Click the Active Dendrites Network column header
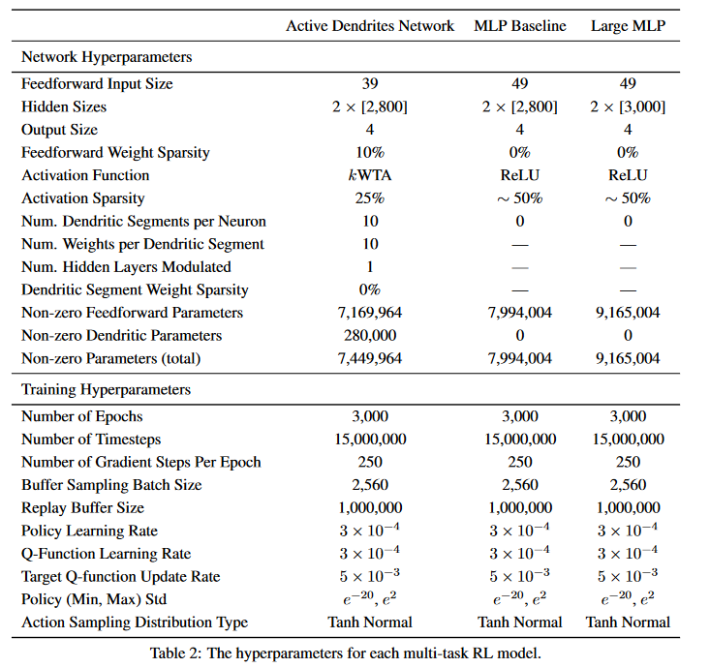coord(369,26)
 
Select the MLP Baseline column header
coord(519,26)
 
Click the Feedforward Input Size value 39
coord(369,84)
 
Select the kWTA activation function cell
coord(369,175)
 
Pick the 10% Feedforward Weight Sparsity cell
coord(369,153)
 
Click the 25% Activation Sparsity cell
coord(369,198)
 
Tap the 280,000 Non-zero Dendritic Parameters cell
coord(369,336)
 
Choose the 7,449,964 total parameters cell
coord(369,359)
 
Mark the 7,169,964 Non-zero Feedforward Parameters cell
coord(369,313)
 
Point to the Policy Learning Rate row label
coord(89,531)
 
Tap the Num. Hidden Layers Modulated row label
coord(126,267)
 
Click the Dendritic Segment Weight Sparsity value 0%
coord(369,289)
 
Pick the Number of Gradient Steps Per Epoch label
coord(141,463)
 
